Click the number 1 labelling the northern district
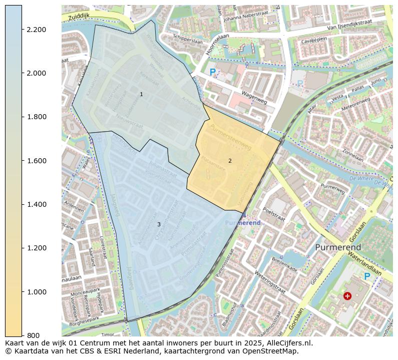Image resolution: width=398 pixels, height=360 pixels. pos(141,94)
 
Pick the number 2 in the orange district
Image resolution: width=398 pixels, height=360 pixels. pos(230,161)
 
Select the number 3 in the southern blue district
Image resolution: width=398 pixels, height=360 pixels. pos(159,224)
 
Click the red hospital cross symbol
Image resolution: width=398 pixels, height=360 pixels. pos(347,296)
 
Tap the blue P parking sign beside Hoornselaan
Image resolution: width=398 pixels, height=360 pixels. pos(213,73)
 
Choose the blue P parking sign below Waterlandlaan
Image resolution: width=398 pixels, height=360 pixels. pos(367,276)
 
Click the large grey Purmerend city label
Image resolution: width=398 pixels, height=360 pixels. pos(338,248)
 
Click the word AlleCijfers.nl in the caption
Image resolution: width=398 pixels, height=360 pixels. pos(287,343)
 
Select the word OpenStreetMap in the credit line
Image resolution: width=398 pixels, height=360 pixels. pos(271,351)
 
